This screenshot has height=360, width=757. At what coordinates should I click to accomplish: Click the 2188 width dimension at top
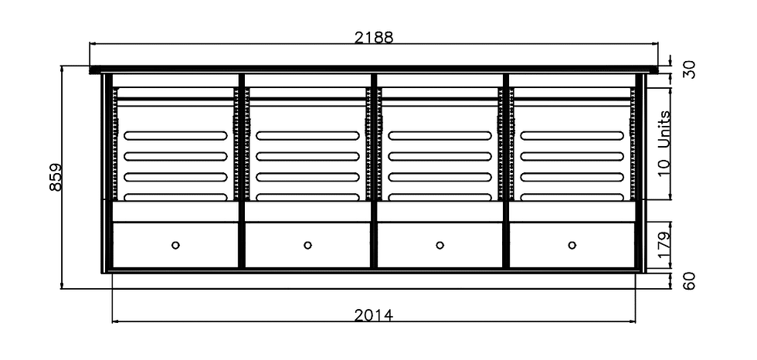pyautogui.click(x=374, y=37)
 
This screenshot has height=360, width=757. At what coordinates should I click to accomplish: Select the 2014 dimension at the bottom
pyautogui.click(x=374, y=315)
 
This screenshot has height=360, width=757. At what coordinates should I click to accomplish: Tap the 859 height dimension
pyautogui.click(x=56, y=177)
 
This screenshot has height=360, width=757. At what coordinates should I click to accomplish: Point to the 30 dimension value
pyautogui.click(x=690, y=70)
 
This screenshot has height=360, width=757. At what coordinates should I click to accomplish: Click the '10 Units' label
pyautogui.click(x=665, y=144)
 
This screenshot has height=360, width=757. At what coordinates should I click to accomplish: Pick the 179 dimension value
pyautogui.click(x=665, y=245)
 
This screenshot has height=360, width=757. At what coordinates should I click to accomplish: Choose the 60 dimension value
pyautogui.click(x=690, y=281)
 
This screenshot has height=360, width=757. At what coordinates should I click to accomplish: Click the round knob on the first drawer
pyautogui.click(x=175, y=245)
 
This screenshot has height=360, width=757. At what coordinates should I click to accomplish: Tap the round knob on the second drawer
pyautogui.click(x=307, y=245)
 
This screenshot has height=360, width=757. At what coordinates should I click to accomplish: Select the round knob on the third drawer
pyautogui.click(x=440, y=245)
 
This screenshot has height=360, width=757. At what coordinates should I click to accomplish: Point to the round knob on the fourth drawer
pyautogui.click(x=572, y=245)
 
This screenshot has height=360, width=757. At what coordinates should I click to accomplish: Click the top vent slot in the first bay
pyautogui.click(x=175, y=136)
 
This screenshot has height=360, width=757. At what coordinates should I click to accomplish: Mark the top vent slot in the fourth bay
pyautogui.click(x=572, y=136)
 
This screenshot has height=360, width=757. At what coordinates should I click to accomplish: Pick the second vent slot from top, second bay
pyautogui.click(x=307, y=156)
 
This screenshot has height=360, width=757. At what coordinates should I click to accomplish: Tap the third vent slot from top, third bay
pyautogui.click(x=440, y=177)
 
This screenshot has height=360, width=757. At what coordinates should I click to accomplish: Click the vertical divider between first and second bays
pyautogui.click(x=242, y=171)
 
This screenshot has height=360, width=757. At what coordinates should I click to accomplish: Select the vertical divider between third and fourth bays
pyautogui.click(x=506, y=171)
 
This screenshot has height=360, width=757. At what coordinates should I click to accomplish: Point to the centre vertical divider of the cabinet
pyautogui.click(x=374, y=171)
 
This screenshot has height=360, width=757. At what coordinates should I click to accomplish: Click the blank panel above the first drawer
pyautogui.click(x=175, y=212)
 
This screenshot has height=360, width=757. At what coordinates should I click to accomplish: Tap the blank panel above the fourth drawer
pyautogui.click(x=572, y=212)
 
